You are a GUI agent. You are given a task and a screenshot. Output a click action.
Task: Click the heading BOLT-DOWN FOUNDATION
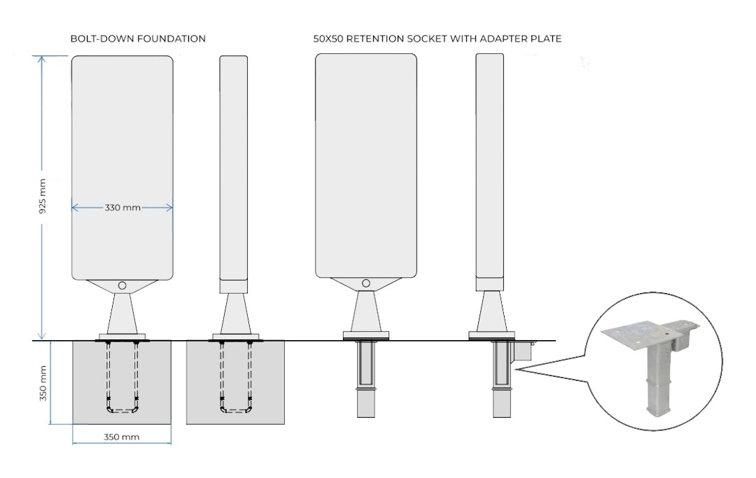138,39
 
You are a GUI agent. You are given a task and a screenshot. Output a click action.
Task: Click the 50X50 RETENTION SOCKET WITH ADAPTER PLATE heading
437,39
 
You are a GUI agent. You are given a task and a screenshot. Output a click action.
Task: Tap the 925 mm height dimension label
43,197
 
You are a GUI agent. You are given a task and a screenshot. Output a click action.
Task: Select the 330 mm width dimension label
122,208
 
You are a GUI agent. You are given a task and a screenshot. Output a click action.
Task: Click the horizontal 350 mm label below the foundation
121,437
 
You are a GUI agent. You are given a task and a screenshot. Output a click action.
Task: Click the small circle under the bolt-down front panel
122,286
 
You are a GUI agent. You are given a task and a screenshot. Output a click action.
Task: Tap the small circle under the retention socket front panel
365,283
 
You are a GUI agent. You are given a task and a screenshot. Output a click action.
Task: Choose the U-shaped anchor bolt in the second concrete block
235,381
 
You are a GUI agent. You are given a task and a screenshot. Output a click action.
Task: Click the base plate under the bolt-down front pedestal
122,337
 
